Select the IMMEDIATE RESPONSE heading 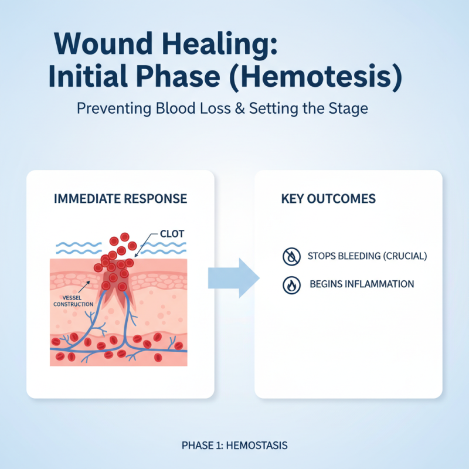(x=120, y=199)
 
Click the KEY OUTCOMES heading (x=328, y=199)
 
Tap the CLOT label (x=172, y=234)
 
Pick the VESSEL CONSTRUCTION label (x=73, y=301)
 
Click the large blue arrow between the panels (x=233, y=276)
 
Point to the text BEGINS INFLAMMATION (x=361, y=284)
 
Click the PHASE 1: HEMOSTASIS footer (x=235, y=446)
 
